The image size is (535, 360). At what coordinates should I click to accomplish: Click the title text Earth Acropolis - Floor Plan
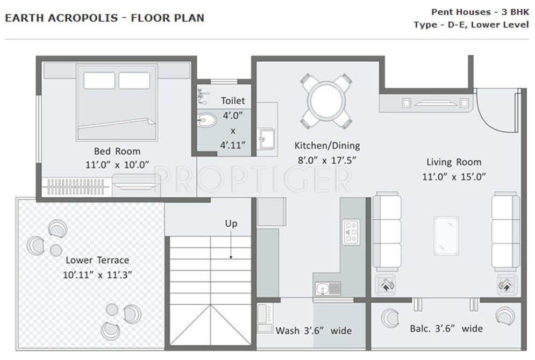pos(104,18)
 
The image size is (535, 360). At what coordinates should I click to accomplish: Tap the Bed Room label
pos(117,151)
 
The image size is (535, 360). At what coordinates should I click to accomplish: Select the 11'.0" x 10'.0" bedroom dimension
pos(117,164)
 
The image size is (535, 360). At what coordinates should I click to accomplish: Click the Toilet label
pos(233,100)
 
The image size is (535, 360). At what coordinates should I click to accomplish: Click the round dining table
pos(326,100)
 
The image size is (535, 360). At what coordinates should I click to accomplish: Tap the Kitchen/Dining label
pos(327,146)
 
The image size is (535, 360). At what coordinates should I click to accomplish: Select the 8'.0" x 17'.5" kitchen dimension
pos(327,160)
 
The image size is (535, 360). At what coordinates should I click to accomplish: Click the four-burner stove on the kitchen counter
pos(351,232)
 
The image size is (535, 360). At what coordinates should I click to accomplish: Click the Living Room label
pos(454,162)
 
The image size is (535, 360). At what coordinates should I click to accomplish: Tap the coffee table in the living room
pos(446,235)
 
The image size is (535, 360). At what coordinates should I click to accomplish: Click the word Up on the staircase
pos(231,224)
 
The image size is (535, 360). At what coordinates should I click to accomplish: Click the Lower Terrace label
pos(97,260)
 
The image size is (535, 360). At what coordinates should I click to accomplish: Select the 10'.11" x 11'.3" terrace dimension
pos(97,274)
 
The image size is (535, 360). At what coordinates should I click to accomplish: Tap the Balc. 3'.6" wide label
pos(446,328)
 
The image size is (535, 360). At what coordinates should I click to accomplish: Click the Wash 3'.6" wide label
pos(313,330)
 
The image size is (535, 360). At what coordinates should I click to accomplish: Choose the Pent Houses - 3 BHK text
pos(480,12)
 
